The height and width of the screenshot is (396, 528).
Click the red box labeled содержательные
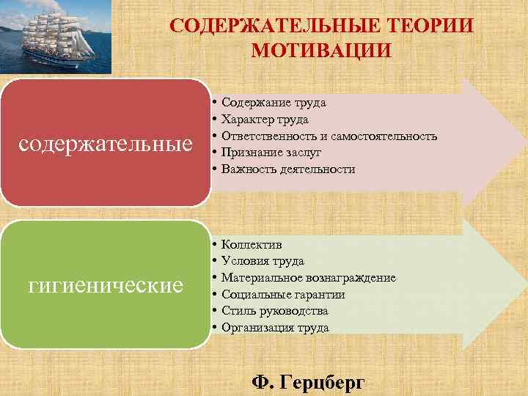coord(105,142)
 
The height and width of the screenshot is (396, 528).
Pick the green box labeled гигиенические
coord(105,283)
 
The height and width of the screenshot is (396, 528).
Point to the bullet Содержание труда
coord(274,103)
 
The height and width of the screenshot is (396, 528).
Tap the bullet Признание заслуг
coord(271,153)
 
